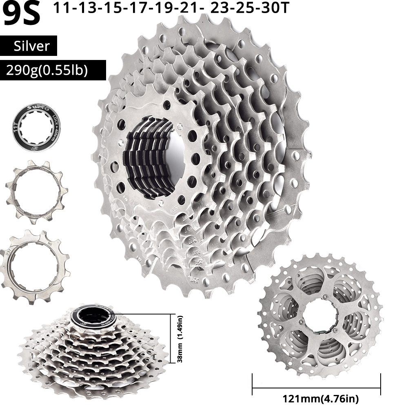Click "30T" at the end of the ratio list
coord(275,9)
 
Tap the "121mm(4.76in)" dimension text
coord(316,398)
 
